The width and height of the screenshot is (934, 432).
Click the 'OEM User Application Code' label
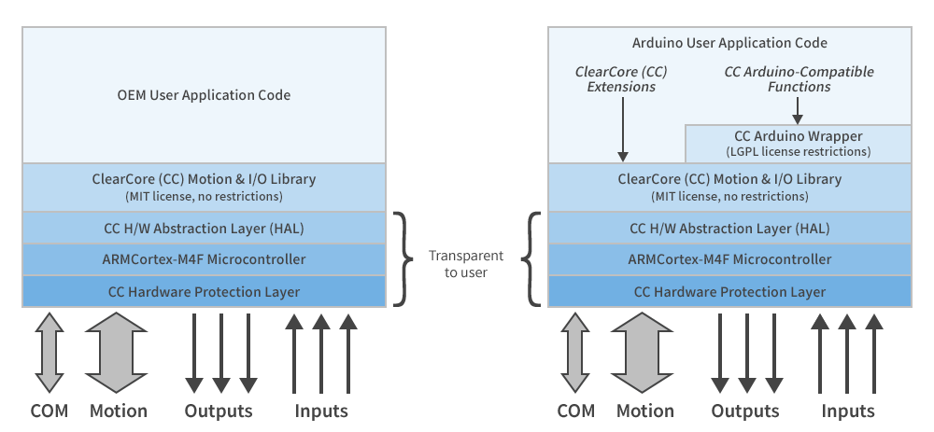[x=204, y=95]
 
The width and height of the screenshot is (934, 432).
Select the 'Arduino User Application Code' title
[x=729, y=43]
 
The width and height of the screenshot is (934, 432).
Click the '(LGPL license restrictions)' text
[x=798, y=151]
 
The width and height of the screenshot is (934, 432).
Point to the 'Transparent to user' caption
[x=466, y=264]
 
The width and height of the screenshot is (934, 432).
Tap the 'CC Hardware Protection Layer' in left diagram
[x=204, y=292]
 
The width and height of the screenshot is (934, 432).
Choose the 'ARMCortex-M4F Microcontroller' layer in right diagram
[x=729, y=259]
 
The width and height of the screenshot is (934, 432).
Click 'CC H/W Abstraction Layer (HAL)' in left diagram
[x=204, y=228]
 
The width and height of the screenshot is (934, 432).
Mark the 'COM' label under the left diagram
[x=49, y=411]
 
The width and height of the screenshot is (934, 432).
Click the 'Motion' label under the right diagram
[x=644, y=411]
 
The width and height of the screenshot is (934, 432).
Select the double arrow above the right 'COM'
[x=575, y=353]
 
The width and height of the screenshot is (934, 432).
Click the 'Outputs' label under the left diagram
[x=219, y=411]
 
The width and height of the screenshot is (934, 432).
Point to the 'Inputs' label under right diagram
[x=848, y=411]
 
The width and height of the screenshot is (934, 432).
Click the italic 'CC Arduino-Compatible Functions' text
[x=799, y=79]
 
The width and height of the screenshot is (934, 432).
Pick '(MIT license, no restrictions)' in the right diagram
[x=729, y=197]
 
